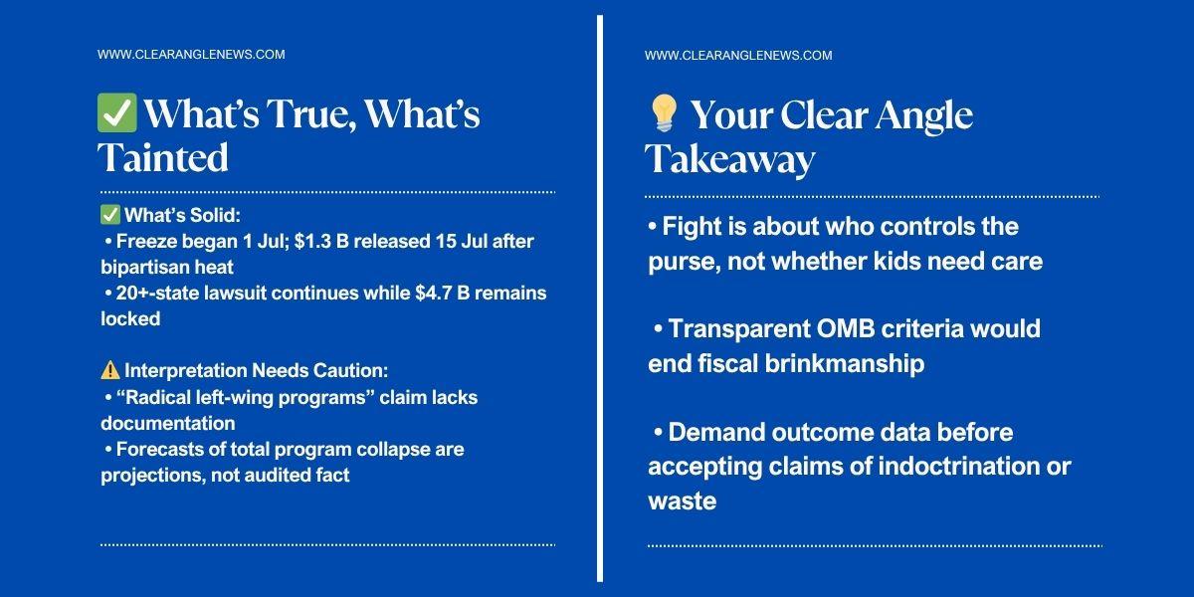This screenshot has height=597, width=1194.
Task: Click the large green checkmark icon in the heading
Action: click(116, 112)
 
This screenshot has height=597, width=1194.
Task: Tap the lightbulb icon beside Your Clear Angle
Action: click(664, 113)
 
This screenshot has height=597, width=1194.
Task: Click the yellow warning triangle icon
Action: click(110, 370)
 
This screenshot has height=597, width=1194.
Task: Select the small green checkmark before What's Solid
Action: click(110, 215)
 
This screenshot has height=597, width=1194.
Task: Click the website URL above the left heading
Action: click(191, 55)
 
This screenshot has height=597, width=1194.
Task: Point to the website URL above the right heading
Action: click(738, 56)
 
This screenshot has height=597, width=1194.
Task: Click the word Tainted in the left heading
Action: click(162, 157)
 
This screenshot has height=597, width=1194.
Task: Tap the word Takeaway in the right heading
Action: click(729, 159)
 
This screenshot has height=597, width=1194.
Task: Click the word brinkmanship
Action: click(845, 363)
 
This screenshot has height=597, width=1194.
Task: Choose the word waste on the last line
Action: click(683, 501)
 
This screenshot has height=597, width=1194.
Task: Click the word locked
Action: click(130, 318)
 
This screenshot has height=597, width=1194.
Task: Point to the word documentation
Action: click(168, 423)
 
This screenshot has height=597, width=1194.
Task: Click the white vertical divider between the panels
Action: click(600, 298)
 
